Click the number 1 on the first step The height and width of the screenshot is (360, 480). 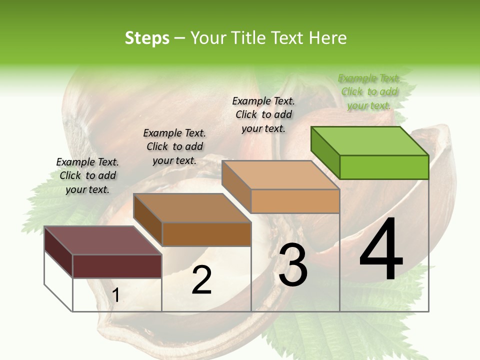pyautogui.click(x=116, y=295)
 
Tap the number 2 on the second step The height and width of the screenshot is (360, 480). pyautogui.click(x=201, y=280)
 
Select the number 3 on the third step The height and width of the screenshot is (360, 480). pyautogui.click(x=293, y=265)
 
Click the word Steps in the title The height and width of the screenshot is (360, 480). pyautogui.click(x=147, y=38)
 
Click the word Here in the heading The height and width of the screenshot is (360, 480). pyautogui.click(x=328, y=38)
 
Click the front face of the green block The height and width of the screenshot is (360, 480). pyautogui.click(x=384, y=167)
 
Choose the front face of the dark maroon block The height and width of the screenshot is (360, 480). pyautogui.click(x=117, y=266)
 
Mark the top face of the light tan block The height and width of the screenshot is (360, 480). pyautogui.click(x=280, y=175)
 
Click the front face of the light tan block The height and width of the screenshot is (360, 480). pyautogui.click(x=295, y=201)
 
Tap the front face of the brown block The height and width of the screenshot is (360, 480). pyautogui.click(x=206, y=234)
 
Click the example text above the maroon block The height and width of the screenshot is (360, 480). pyautogui.click(x=87, y=175)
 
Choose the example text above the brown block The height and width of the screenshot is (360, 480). pyautogui.click(x=174, y=146)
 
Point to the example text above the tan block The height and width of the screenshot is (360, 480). pyautogui.click(x=263, y=114)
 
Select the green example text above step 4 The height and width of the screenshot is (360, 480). pyautogui.click(x=369, y=91)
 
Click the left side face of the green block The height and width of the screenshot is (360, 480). pyautogui.click(x=325, y=152)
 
